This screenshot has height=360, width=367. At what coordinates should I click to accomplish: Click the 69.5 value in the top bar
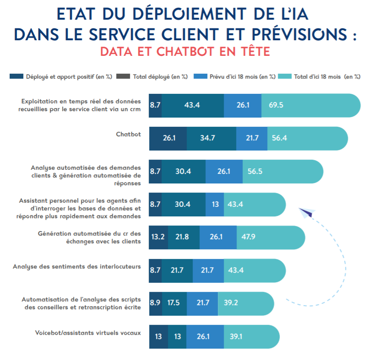[276, 105]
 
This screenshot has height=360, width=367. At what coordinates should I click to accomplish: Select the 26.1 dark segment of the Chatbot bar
[168, 138]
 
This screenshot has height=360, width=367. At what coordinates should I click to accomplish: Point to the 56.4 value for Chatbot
[279, 138]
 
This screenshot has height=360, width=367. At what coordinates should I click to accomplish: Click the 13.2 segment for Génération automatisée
[158, 237]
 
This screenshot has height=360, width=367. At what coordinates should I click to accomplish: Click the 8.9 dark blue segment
[155, 303]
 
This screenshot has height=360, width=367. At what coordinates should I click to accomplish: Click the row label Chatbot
[128, 134]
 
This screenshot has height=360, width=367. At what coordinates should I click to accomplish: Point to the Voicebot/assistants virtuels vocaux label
[88, 333]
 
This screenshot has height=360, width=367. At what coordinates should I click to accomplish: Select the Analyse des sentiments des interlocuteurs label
[77, 267]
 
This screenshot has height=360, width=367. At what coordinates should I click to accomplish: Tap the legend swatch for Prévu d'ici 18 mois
[199, 76]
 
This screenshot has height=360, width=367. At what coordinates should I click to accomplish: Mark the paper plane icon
[307, 212]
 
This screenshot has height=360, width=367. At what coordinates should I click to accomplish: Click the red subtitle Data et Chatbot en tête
[185, 51]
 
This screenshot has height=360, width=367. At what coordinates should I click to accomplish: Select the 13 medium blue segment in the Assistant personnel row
[215, 204]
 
